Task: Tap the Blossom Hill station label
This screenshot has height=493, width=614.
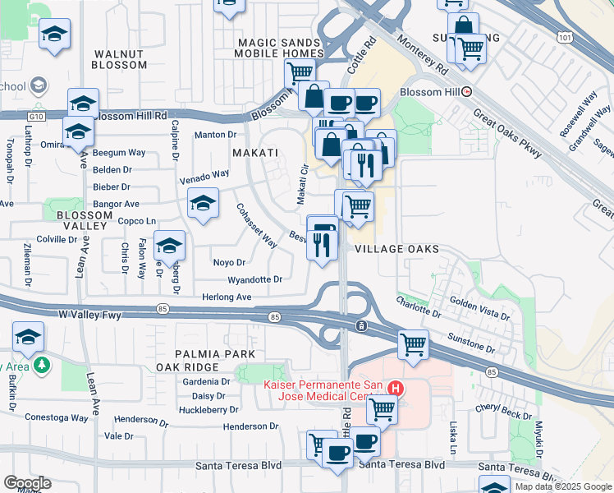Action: tap(435, 92)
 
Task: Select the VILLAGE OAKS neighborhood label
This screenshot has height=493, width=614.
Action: tap(397, 249)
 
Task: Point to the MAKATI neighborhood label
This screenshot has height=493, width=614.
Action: tap(251, 153)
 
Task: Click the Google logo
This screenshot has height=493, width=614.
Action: tap(27, 483)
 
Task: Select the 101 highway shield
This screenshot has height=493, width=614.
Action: tap(564, 38)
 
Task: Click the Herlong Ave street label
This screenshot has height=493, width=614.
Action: tap(227, 297)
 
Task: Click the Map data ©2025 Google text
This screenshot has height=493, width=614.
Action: tap(563, 486)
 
